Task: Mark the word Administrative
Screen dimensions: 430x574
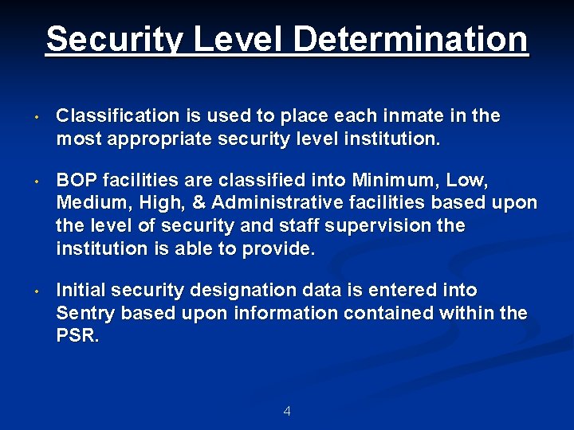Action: tap(273, 203)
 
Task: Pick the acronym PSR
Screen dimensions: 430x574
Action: tap(77, 336)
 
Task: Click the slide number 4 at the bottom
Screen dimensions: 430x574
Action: tap(287, 412)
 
